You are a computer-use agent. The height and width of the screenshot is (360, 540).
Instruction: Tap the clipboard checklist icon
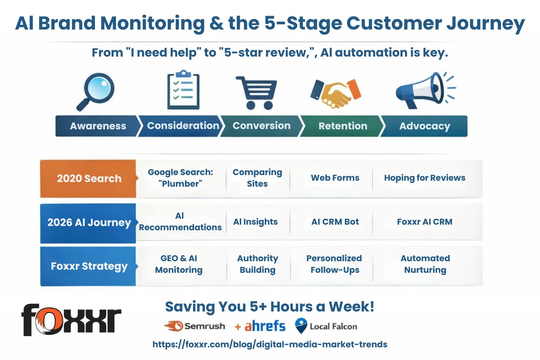tap(183, 90)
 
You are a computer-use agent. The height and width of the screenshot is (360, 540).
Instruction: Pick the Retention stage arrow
tap(342, 126)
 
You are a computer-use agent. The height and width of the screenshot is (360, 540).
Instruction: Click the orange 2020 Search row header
tap(89, 179)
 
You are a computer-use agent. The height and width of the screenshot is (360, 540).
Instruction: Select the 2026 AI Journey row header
tap(89, 223)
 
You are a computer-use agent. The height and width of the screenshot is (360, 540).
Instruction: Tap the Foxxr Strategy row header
tap(89, 266)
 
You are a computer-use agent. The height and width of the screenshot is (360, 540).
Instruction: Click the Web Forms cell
tap(335, 178)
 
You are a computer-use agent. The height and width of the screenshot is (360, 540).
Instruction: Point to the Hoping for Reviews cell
tap(424, 178)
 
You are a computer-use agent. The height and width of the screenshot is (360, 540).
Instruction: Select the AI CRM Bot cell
tap(335, 222)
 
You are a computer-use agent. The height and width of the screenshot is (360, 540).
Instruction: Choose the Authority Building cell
tap(257, 264)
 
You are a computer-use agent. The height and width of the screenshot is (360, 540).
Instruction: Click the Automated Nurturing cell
tap(425, 264)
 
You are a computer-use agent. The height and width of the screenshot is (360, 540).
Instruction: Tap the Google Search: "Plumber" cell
tap(180, 178)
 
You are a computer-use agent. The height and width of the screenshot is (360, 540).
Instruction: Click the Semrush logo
tap(194, 326)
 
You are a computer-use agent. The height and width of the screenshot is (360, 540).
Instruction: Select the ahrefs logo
tap(265, 326)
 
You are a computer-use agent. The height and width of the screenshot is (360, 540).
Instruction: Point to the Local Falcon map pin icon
tap(301, 326)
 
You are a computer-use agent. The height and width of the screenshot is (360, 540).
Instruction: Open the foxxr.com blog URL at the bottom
tap(270, 345)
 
